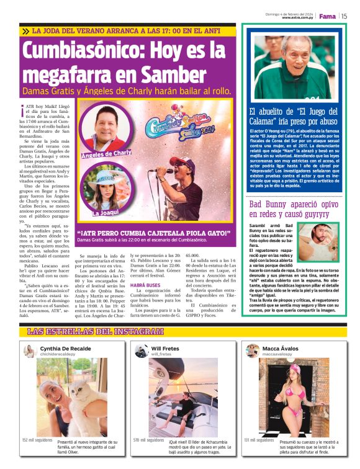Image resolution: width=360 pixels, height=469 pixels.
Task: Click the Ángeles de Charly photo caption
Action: [x=106, y=152]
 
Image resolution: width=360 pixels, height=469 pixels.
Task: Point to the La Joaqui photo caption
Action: [x=106, y=213]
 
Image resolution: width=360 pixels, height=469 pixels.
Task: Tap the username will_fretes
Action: [x=161, y=355]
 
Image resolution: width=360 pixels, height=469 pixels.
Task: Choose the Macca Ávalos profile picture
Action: [x=253, y=351]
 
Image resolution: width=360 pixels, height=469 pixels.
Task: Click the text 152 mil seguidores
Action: [x=37, y=440]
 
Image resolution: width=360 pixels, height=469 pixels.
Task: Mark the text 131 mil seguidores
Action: [x=258, y=440]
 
